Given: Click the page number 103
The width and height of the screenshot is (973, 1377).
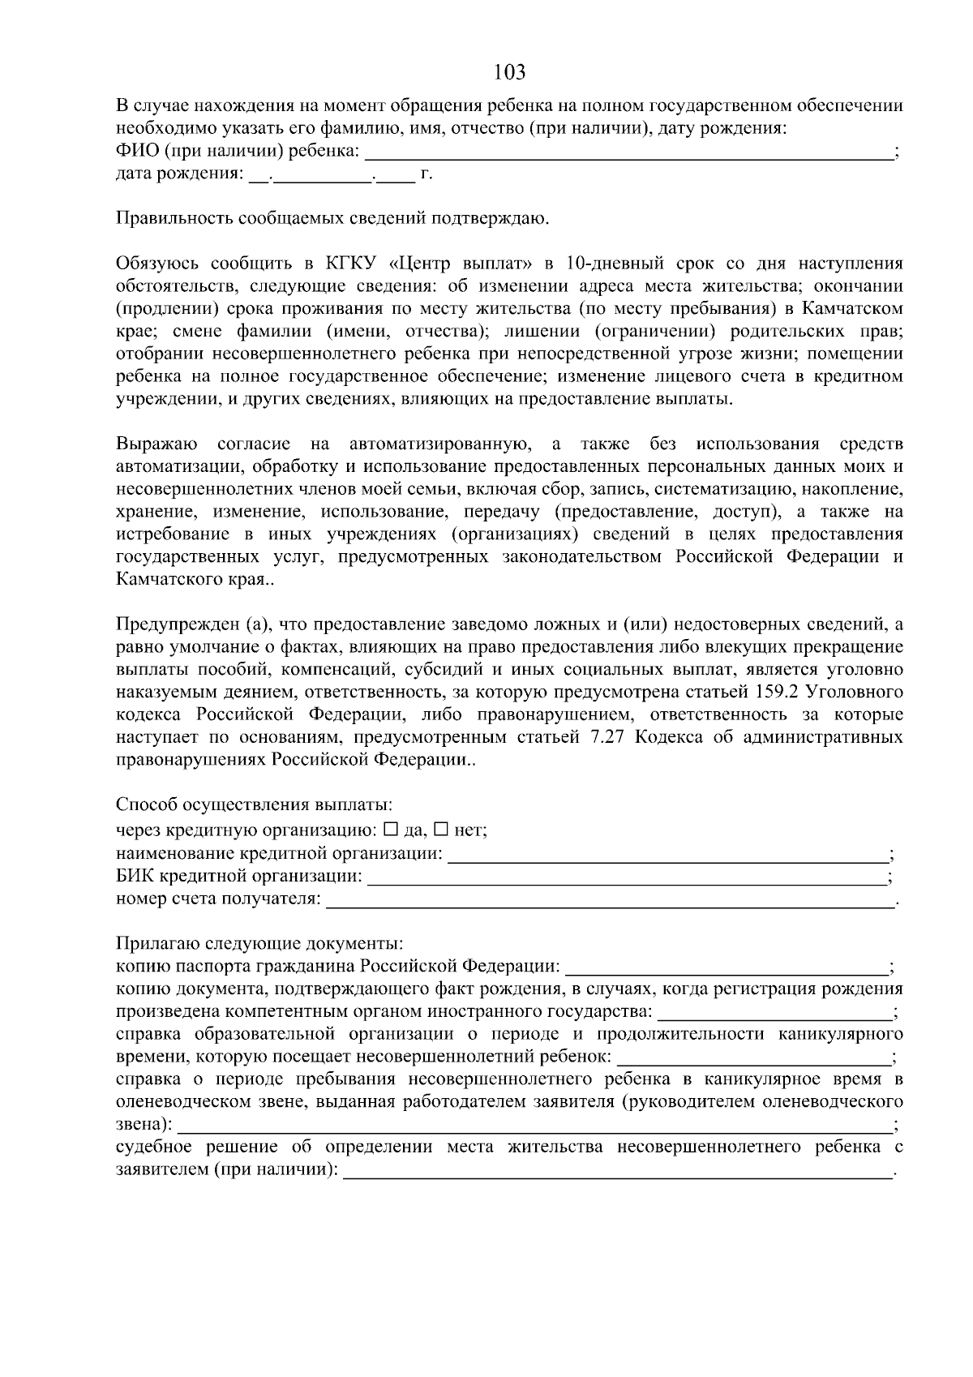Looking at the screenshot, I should pos(509,72).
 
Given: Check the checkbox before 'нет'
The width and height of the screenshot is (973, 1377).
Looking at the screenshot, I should pos(441,830).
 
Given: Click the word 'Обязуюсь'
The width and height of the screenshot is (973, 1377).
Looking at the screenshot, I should pos(155,264).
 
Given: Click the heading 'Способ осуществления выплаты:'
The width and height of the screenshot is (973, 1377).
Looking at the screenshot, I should pos(254,805).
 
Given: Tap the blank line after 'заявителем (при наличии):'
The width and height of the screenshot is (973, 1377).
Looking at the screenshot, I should pos(616,1173).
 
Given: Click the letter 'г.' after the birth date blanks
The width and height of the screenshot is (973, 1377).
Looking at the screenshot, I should pos(426,174).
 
